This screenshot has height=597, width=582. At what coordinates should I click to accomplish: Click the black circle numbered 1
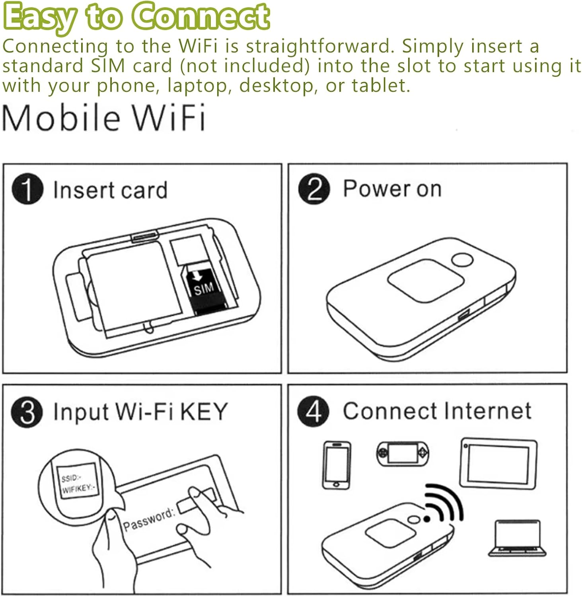(27, 189)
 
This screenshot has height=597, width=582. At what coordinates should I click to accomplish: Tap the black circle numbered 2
(314, 189)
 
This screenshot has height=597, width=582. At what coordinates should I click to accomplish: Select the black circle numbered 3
(27, 412)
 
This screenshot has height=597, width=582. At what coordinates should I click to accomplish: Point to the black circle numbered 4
(313, 411)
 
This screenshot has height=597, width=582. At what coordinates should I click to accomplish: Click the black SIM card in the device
(205, 290)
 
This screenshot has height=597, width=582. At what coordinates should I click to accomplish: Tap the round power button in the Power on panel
(462, 261)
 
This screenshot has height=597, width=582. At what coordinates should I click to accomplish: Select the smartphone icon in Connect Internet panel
(336, 465)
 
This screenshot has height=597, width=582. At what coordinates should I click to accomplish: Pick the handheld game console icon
(403, 453)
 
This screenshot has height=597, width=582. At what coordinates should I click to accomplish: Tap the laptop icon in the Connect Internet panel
(517, 538)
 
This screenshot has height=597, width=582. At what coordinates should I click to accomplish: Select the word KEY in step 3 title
(204, 412)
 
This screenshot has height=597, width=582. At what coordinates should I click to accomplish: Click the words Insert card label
(110, 190)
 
